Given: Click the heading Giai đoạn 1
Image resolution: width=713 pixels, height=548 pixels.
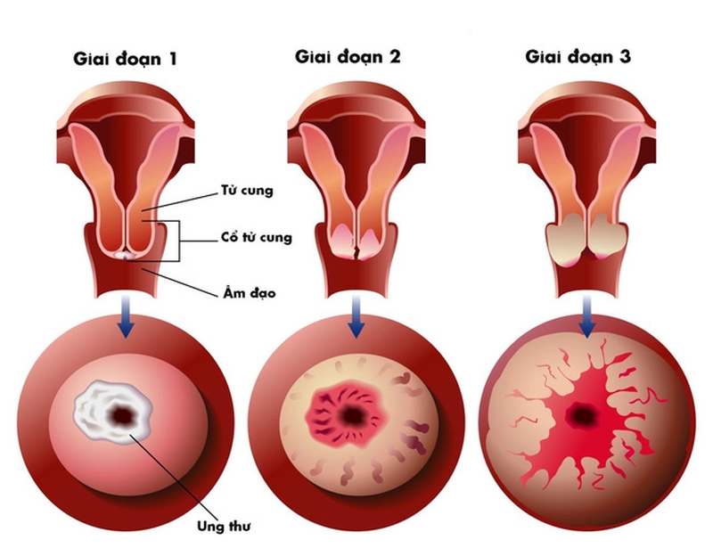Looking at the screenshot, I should click(x=125, y=60).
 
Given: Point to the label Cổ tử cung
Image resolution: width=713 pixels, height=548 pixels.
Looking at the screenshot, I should click(x=256, y=238).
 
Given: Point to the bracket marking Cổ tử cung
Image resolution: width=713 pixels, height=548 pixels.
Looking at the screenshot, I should click(x=181, y=239).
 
